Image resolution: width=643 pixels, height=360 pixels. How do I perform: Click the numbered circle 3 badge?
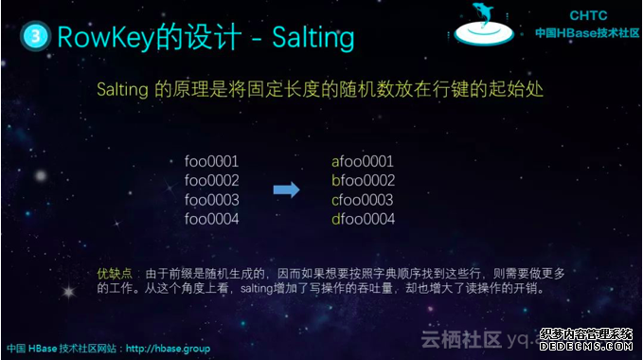point(35,37)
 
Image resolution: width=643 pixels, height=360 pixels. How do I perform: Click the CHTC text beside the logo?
point(588,16)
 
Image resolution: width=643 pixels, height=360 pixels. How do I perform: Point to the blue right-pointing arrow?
point(286,190)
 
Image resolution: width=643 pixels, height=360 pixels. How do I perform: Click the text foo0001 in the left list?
point(211,161)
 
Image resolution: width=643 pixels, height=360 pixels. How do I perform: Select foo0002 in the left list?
point(211,180)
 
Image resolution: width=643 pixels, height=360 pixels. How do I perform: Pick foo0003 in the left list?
point(211,200)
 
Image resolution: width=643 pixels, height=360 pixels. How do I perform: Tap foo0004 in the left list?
point(211,219)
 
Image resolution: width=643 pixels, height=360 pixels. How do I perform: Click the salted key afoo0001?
point(363,161)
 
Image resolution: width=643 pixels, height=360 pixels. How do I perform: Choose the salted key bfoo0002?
point(363,180)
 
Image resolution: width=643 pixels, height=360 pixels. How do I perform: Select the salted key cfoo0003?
point(363,200)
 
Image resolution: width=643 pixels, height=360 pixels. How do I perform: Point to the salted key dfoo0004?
point(363,219)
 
